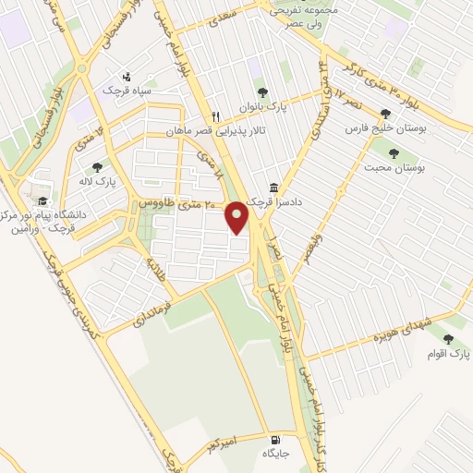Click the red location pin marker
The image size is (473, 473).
(x=239, y=216)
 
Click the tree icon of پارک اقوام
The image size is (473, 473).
(x=449, y=339)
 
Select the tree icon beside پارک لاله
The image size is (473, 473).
(x=97, y=167)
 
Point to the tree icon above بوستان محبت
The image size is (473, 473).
(x=394, y=152)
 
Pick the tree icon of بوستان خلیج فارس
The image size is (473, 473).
(x=399, y=114)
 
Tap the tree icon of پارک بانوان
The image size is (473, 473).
(x=262, y=92)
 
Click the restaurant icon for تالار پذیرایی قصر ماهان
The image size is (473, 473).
(x=215, y=116)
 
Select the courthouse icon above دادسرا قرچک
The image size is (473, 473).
(x=273, y=185)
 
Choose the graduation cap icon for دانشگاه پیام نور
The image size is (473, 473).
(x=41, y=200)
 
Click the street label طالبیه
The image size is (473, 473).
(x=152, y=271)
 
